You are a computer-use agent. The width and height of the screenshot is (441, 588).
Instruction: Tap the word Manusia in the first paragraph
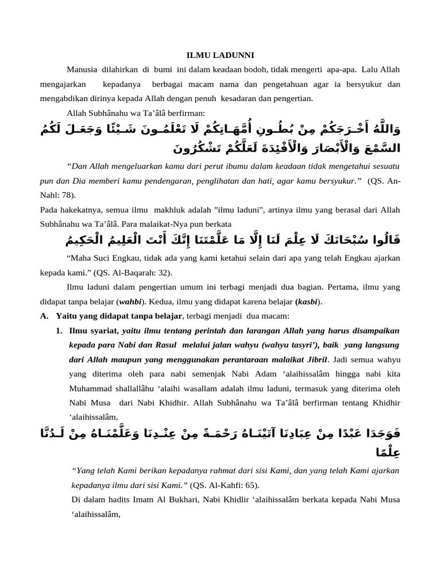pyautogui.click(x=82, y=70)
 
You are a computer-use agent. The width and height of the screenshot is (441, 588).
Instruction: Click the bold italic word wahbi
pyautogui.click(x=132, y=301)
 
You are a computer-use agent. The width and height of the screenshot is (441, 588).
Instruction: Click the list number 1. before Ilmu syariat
pyautogui.click(x=59, y=331)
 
